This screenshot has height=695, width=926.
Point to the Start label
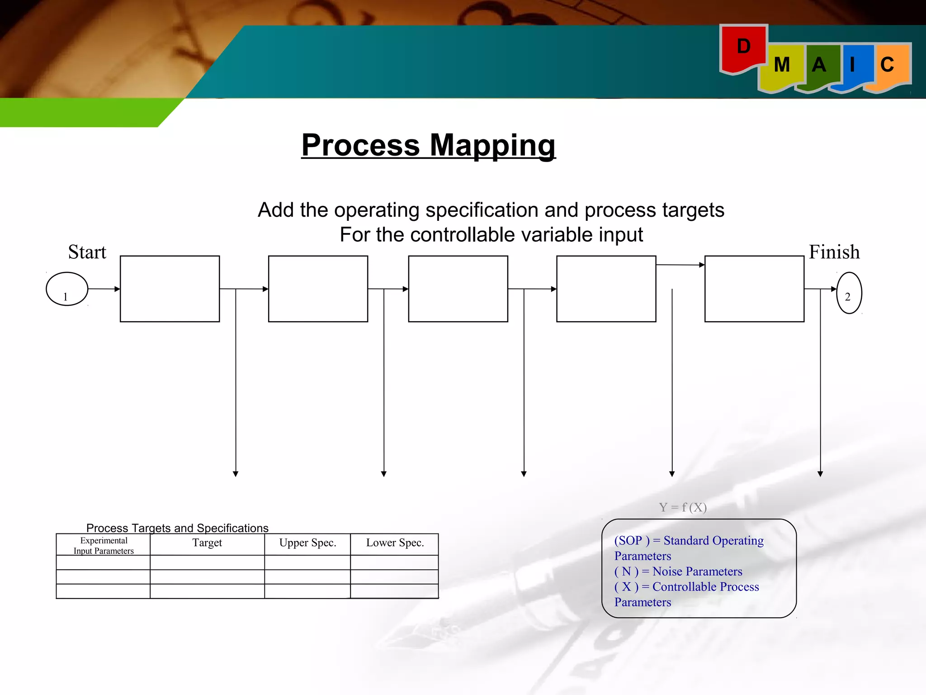pos(87,252)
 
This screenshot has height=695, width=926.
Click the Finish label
pos(834,252)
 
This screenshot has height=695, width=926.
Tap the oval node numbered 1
pos(67,289)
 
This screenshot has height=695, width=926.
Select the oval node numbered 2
pos(849,293)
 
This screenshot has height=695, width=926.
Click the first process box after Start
pos(170,289)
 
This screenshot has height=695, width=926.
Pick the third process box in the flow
pos(458,289)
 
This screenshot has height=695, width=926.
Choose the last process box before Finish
pos(754,289)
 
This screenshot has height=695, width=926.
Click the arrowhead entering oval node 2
pos(834,289)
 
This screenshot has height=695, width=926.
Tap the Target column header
pos(207,543)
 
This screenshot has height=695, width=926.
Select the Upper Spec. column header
pos(307,543)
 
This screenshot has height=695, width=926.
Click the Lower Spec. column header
pos(395,543)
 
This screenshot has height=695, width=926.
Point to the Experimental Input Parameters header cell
pos(104,546)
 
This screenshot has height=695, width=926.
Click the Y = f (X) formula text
pos(682,507)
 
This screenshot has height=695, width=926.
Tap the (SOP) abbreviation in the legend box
pos(632,541)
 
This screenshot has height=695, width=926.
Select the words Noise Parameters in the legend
pos(697,571)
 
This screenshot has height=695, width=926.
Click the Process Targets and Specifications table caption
pos(177,528)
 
